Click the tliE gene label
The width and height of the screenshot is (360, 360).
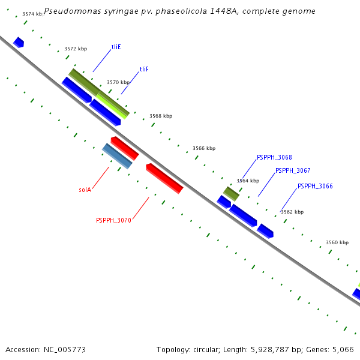pyautogui.click(x=116, y=47)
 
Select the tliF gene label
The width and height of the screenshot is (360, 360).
pyautogui.click(x=144, y=70)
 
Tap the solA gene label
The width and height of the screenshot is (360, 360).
pyautogui.click(x=85, y=190)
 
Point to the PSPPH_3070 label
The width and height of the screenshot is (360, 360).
pyautogui.click(x=113, y=220)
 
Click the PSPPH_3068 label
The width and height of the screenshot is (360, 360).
pyautogui.click(x=274, y=157)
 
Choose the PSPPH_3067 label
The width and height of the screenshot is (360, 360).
pyautogui.click(x=293, y=170)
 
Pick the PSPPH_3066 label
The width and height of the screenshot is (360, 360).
pyautogui.click(x=315, y=186)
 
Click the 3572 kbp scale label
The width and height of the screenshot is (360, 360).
pyautogui.click(x=76, y=49)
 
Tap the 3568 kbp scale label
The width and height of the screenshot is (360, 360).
pyautogui.click(x=161, y=116)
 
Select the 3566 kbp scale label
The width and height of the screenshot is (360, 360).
pyautogui.click(x=204, y=148)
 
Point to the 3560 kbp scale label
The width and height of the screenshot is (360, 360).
pyautogui.click(x=337, y=243)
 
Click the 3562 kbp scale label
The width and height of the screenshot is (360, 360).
pyautogui.click(x=292, y=212)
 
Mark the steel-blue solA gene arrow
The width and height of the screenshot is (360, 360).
pyautogui.click(x=117, y=156)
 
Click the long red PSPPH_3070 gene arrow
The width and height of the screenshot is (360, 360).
pyautogui.click(x=164, y=178)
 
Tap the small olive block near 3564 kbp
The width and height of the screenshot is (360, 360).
pyautogui.click(x=232, y=193)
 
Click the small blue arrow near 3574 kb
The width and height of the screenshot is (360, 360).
pyautogui.click(x=19, y=42)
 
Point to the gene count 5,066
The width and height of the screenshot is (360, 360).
pyautogui.click(x=342, y=349)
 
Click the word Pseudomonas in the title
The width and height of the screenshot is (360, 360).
pyautogui.click(x=71, y=11)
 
